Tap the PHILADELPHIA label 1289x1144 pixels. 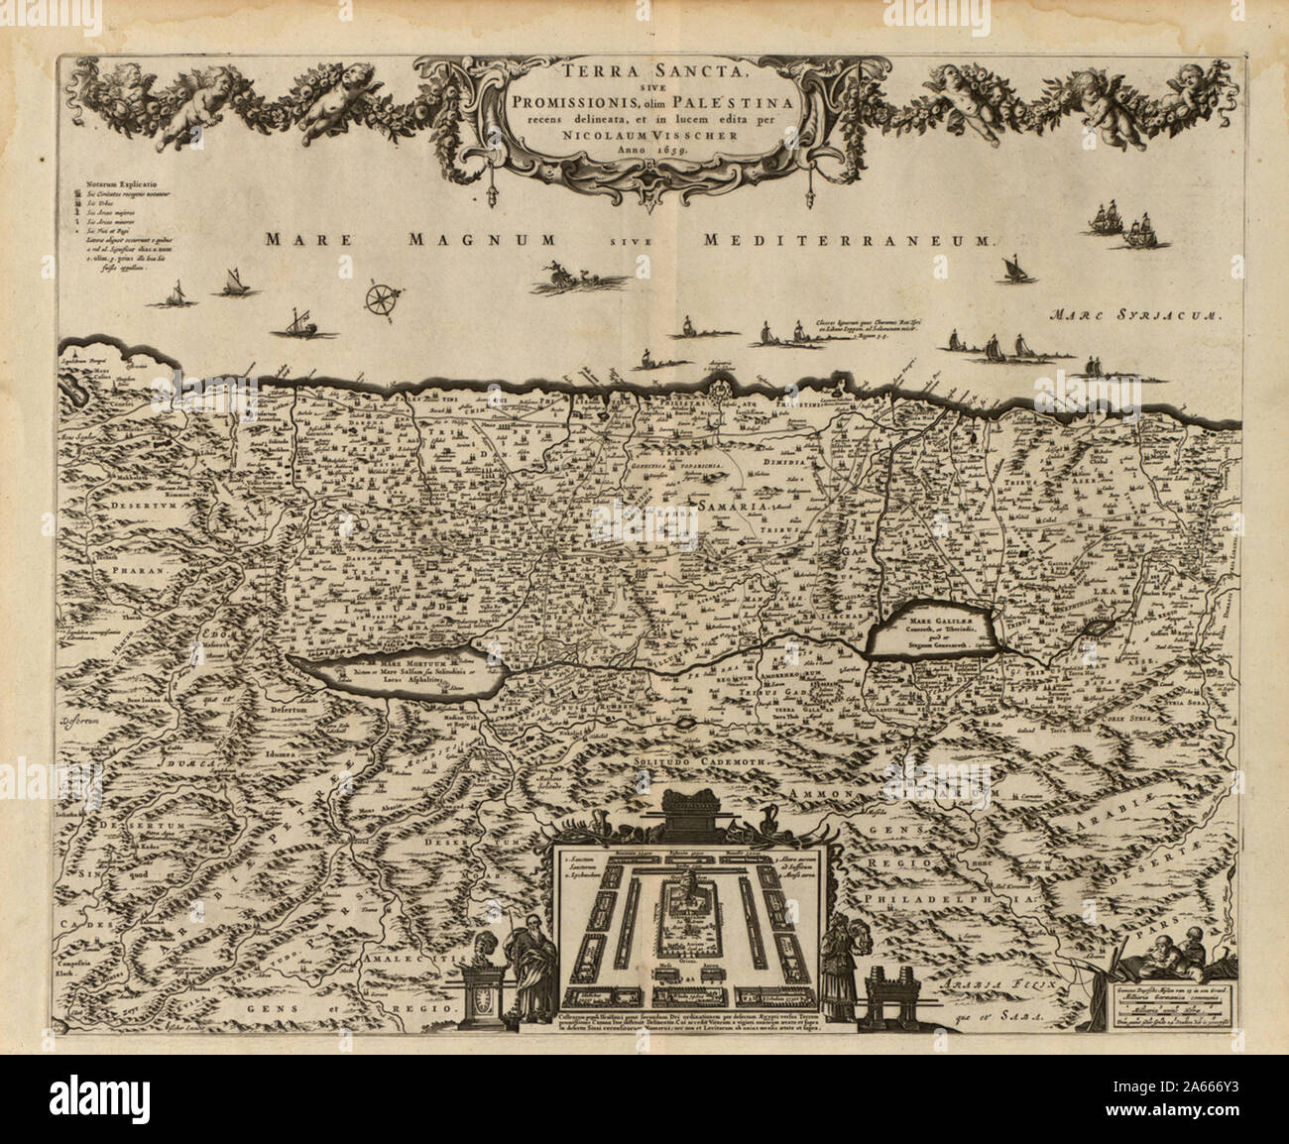(934, 897)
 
